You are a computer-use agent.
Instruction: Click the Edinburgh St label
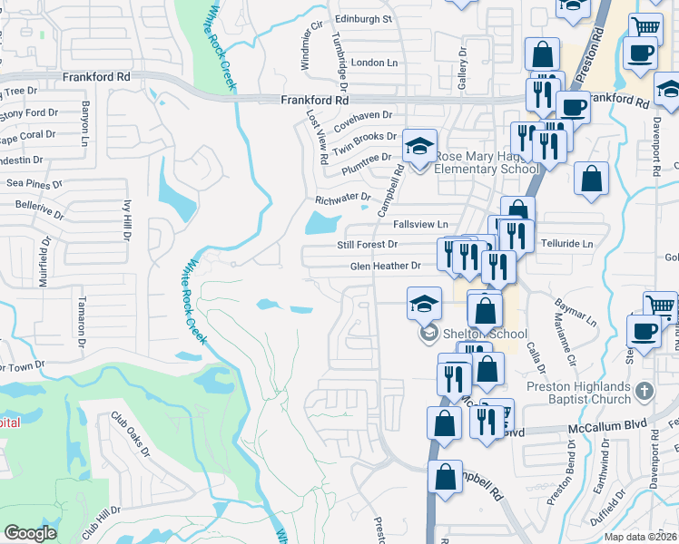click(x=362, y=18)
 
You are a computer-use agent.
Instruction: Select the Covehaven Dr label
click(x=362, y=116)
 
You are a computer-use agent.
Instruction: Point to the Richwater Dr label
click(x=342, y=198)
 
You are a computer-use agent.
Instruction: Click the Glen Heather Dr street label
click(x=386, y=266)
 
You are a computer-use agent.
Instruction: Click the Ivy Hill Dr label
click(x=126, y=220)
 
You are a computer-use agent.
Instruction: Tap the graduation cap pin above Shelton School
click(x=423, y=306)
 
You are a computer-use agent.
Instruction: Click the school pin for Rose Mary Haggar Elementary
click(x=419, y=147)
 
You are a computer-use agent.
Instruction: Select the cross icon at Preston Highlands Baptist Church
click(x=644, y=391)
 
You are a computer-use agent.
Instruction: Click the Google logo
click(x=30, y=533)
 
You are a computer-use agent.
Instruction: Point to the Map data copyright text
click(x=640, y=537)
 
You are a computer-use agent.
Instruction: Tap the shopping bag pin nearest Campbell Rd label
click(x=446, y=475)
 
